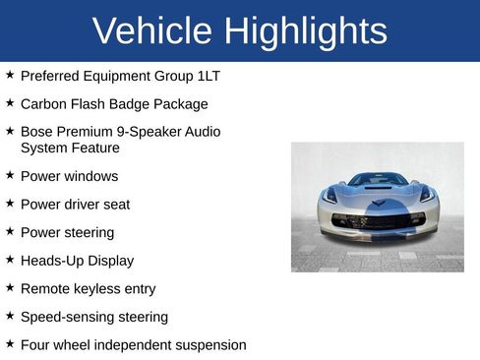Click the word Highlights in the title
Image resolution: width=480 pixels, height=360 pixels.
pos(305,31)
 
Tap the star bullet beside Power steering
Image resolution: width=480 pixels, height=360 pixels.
pos(9,232)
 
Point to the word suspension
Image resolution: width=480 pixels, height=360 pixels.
pos(203,345)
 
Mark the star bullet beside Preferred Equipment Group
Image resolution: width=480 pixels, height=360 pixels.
pos(9,75)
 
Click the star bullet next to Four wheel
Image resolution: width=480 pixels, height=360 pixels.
pos(9,344)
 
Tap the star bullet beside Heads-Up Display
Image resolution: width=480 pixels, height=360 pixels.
pos(9,260)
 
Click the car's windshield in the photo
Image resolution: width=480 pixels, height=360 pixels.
pos(378,179)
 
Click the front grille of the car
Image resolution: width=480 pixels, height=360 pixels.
pos(378,221)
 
